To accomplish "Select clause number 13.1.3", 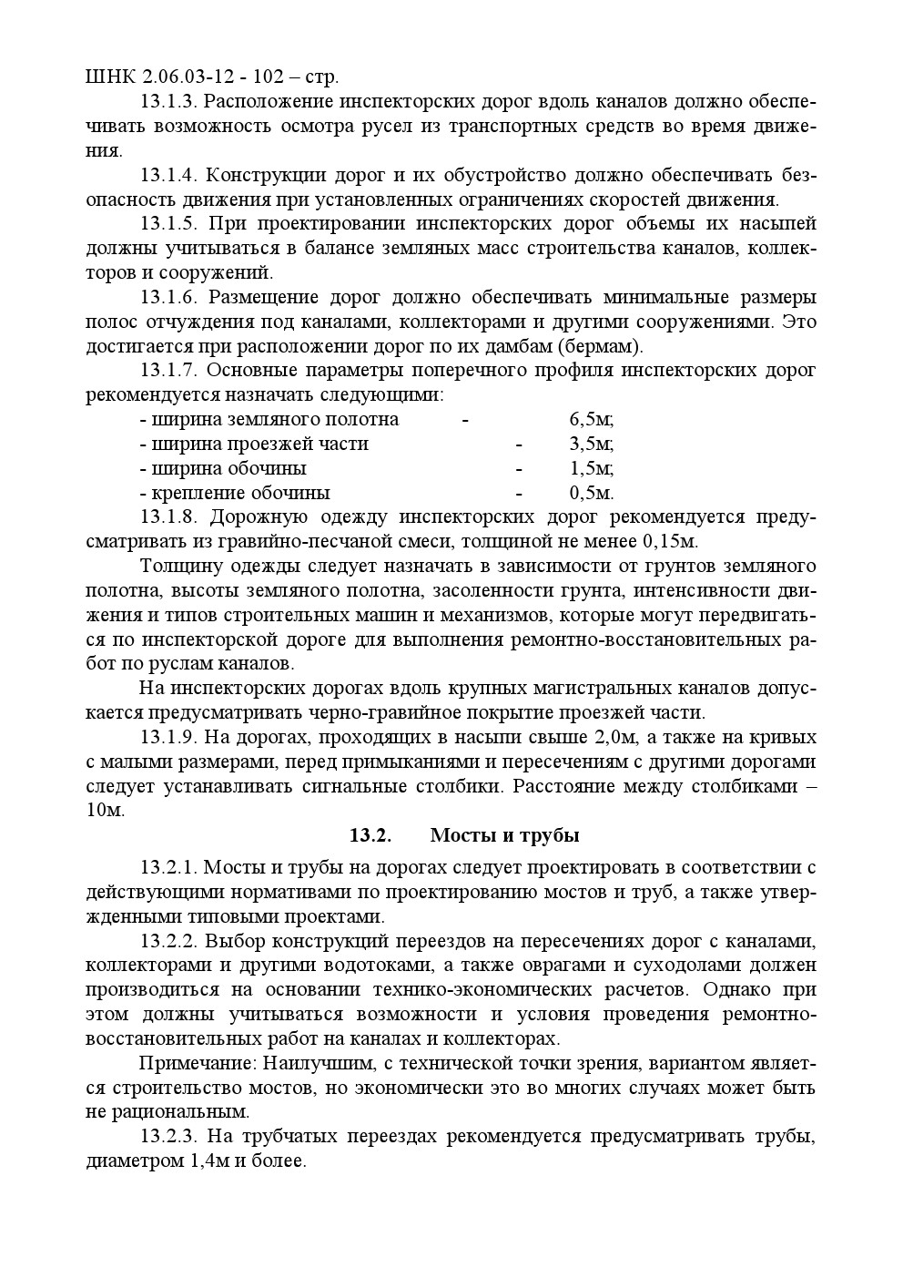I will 169,101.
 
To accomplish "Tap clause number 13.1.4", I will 169,175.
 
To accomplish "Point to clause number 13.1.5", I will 169,224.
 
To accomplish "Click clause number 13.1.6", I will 169,298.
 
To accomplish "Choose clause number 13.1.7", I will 169,371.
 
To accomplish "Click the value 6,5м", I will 591,420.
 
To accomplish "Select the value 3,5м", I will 591,445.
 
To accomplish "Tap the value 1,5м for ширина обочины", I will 591,469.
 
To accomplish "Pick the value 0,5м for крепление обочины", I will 591,494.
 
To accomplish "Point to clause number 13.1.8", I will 169,517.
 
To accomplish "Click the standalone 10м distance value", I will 105,811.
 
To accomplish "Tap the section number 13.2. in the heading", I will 370,836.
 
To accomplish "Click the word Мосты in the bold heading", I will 463,836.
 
